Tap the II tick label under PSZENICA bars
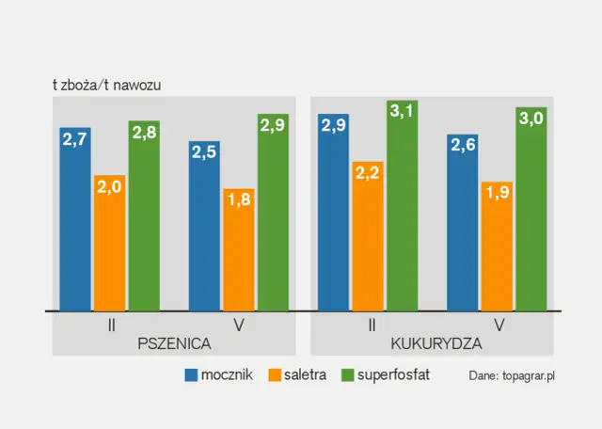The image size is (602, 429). [111, 325]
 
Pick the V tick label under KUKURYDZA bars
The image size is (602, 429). [498, 325]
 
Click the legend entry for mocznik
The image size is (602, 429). [219, 374]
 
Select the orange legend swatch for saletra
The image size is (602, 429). [277, 374]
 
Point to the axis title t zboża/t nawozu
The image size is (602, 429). [107, 85]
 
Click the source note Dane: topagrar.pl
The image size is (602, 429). [512, 375]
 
